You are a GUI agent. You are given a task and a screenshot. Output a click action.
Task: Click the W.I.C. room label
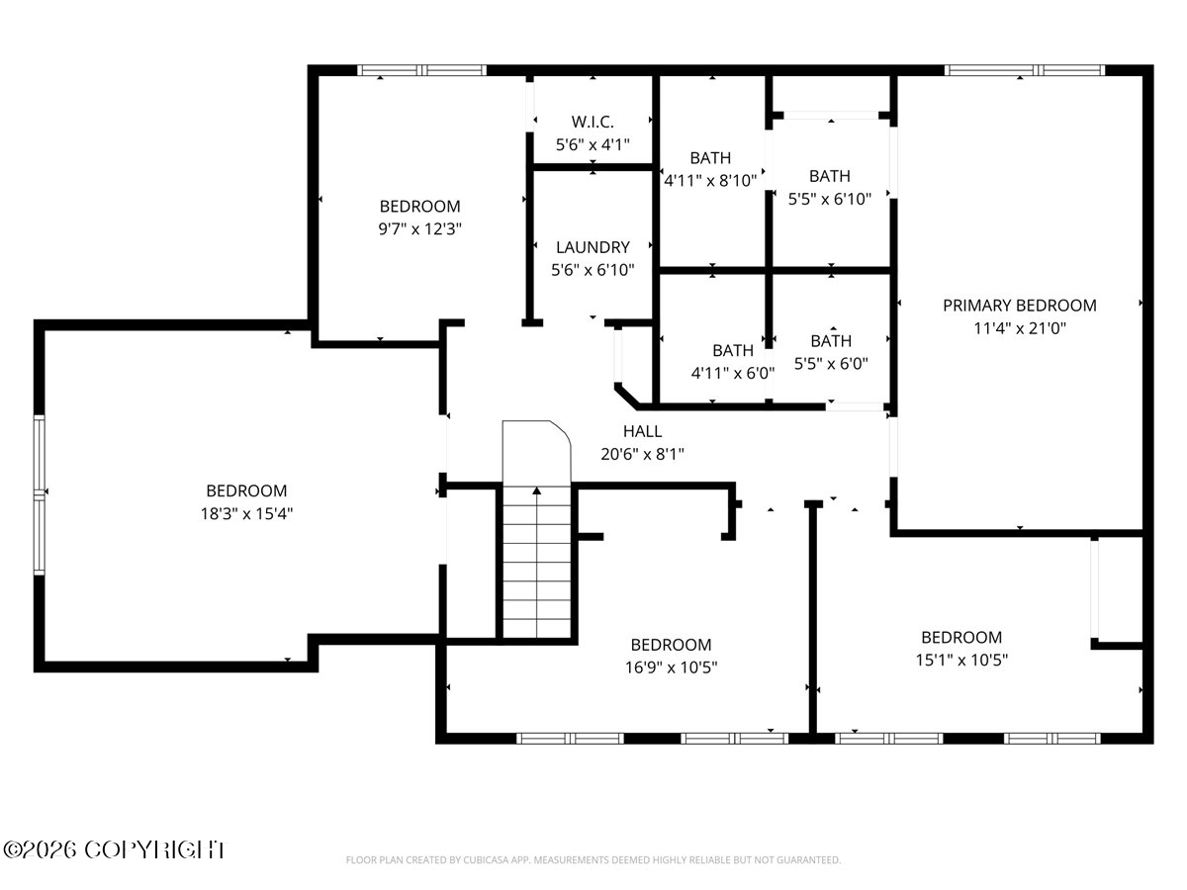pos(593,122)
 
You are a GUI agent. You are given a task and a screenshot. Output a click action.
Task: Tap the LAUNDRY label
pos(593,247)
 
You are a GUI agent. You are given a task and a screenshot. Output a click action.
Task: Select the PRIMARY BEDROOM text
pos(1020,306)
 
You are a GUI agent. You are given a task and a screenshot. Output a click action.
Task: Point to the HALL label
pos(642,431)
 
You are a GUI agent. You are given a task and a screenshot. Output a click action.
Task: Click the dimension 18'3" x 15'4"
pos(246,513)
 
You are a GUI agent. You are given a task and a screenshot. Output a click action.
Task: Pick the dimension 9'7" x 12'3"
pos(419,229)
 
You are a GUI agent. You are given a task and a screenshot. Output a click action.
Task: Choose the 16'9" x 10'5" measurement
pos(671,667)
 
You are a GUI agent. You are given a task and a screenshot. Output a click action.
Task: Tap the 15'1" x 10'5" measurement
pos(961,660)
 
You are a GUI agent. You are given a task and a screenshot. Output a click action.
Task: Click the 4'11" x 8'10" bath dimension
pos(710,181)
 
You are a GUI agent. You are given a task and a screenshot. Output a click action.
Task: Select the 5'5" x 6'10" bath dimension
pos(830,199)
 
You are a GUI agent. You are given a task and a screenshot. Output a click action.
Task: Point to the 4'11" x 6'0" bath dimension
pos(733,373)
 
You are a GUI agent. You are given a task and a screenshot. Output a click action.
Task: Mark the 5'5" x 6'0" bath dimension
pos(831,364)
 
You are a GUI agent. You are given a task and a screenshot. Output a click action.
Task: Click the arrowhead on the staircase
pos(536,490)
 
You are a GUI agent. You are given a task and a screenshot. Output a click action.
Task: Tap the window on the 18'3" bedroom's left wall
pos(39,494)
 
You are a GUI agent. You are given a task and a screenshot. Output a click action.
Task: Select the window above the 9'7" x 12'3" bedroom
pos(421,69)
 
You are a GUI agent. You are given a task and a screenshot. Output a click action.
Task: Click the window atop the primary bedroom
pos(1025,69)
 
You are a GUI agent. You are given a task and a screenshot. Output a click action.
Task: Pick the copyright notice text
pos(114,850)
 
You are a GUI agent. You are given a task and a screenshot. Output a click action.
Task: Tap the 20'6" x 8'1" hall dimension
pos(642,454)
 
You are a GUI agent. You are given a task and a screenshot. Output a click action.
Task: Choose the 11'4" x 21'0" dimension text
pos(1020,328)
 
